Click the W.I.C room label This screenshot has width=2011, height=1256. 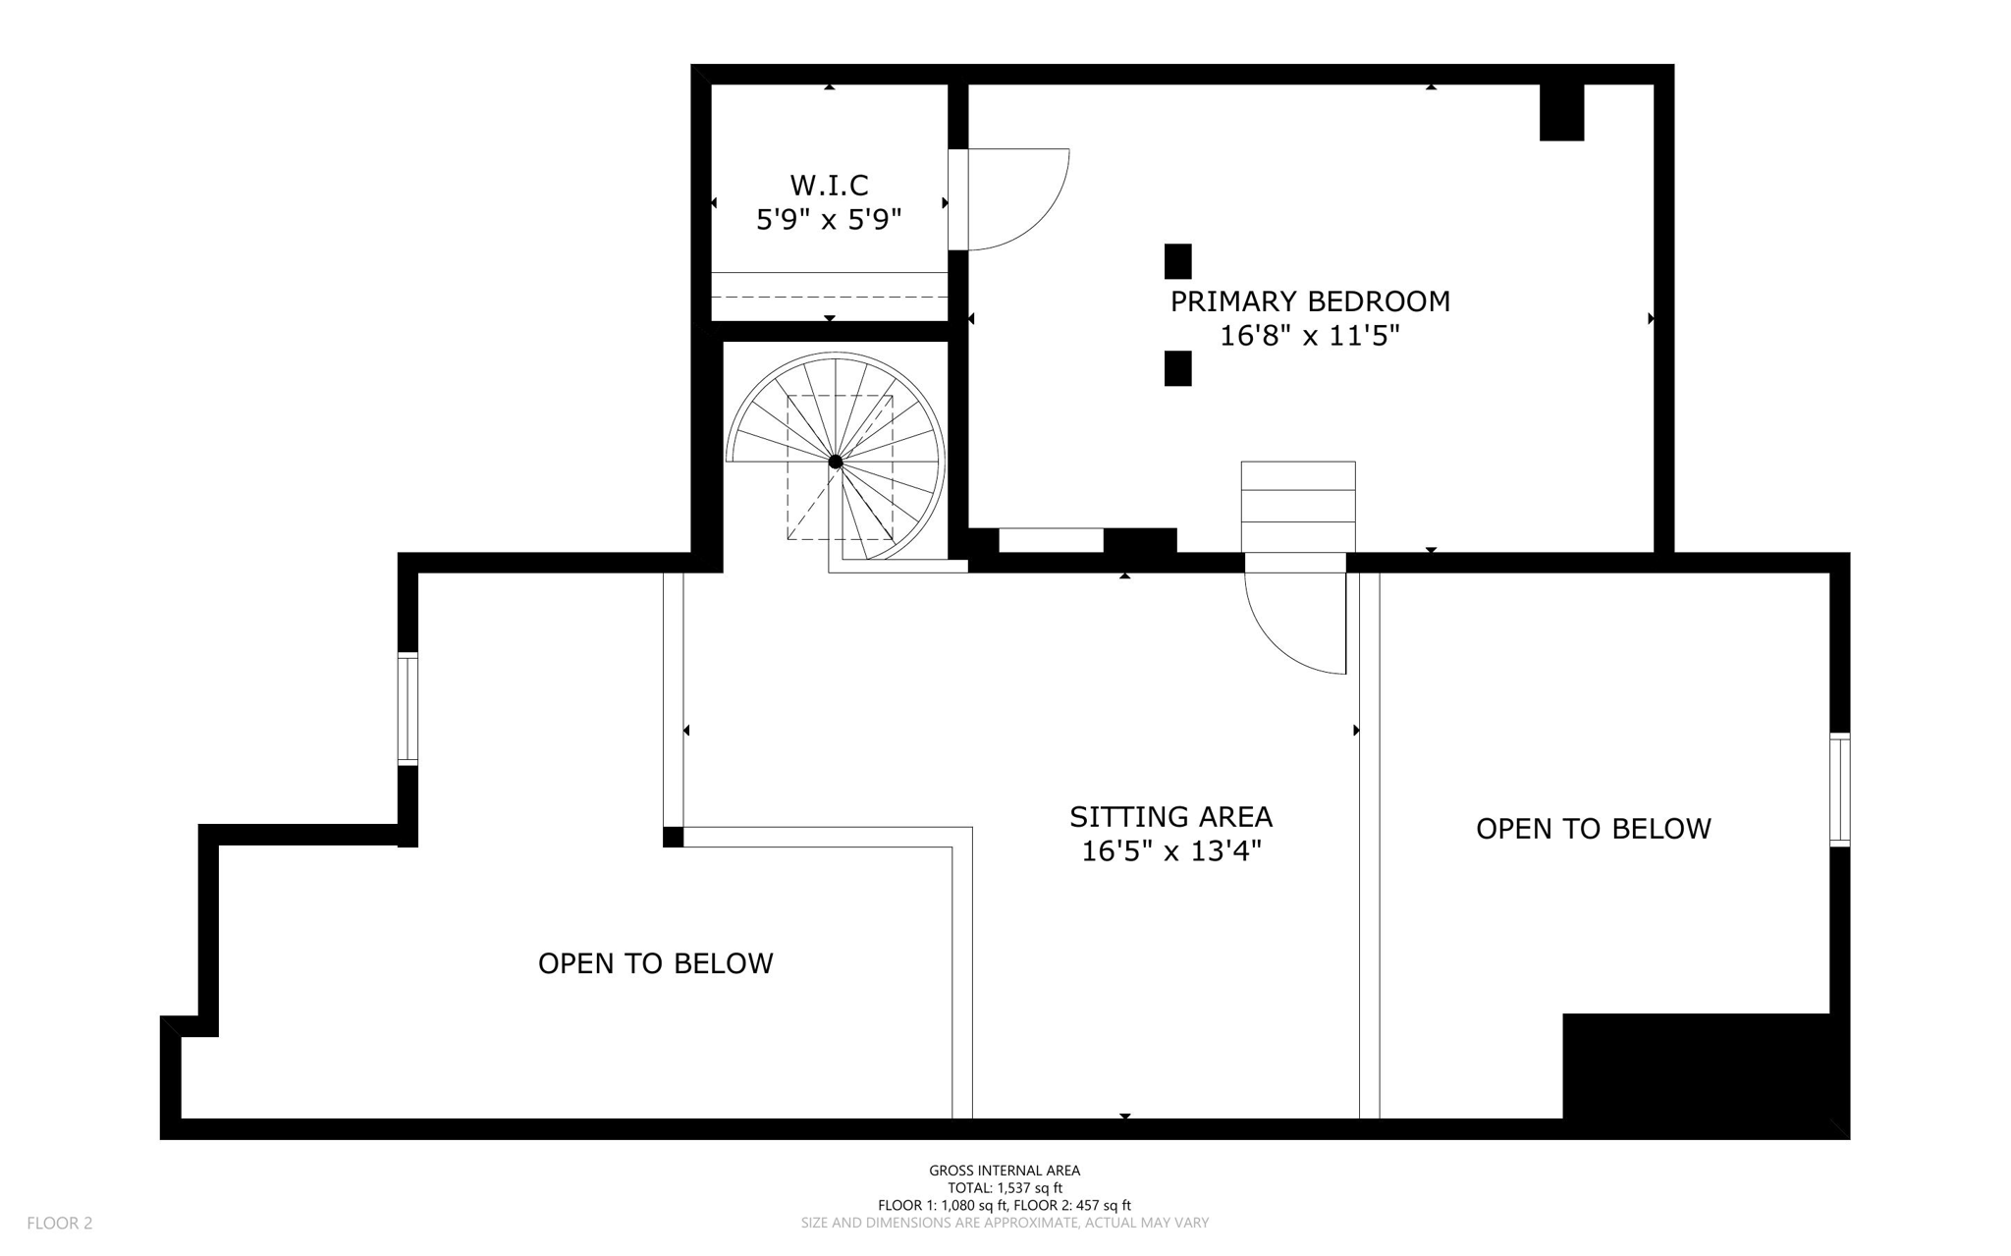pyautogui.click(x=829, y=185)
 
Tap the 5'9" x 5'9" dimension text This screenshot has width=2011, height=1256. pyautogui.click(x=829, y=219)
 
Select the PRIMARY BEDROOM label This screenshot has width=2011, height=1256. pyautogui.click(x=1309, y=301)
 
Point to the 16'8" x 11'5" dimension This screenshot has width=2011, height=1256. pyautogui.click(x=1309, y=336)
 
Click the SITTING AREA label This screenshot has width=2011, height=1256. pyautogui.click(x=1170, y=817)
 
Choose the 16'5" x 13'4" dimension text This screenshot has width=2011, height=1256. pyautogui.click(x=1170, y=851)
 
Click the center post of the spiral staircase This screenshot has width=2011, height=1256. pyautogui.click(x=836, y=462)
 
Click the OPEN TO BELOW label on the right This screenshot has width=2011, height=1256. pyautogui.click(x=1593, y=829)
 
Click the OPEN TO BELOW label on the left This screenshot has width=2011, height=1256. pyautogui.click(x=655, y=963)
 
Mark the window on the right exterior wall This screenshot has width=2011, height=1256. pyautogui.click(x=1839, y=790)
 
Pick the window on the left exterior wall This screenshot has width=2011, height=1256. pyautogui.click(x=408, y=708)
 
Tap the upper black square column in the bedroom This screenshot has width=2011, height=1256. pyautogui.click(x=1177, y=261)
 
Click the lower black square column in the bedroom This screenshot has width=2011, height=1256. pyautogui.click(x=1177, y=368)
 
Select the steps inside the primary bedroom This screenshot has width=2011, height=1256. pyautogui.click(x=1297, y=507)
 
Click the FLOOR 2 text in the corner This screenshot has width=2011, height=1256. pyautogui.click(x=60, y=1223)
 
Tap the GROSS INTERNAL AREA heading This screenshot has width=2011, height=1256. pyautogui.click(x=1005, y=1171)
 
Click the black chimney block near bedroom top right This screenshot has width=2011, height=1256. pyautogui.click(x=1561, y=112)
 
